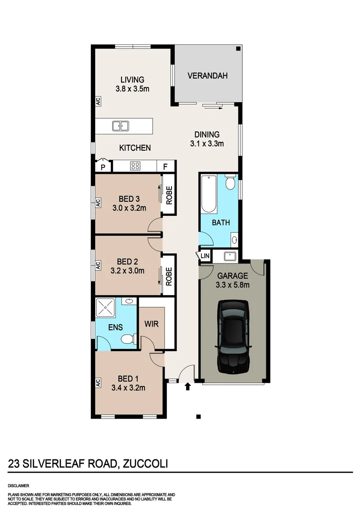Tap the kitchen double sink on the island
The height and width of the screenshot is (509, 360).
pyautogui.click(x=121, y=126)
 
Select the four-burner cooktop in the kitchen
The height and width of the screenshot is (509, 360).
pyautogui.click(x=135, y=166)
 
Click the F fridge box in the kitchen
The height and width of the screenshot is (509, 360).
pyautogui.click(x=165, y=166)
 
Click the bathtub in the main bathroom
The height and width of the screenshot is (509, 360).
pyautogui.click(x=208, y=194)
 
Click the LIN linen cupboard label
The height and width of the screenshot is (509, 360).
pyautogui.click(x=205, y=256)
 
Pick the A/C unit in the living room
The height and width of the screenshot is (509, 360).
pyautogui.click(x=98, y=101)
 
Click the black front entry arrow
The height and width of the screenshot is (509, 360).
pyautogui.click(x=188, y=386)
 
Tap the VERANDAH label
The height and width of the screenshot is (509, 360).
pyautogui.click(x=207, y=75)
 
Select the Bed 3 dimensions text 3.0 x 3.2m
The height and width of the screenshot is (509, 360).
pyautogui.click(x=130, y=207)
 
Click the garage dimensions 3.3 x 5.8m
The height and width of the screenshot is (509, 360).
pyautogui.click(x=233, y=285)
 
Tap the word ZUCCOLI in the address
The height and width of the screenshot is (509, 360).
pyautogui.click(x=145, y=464)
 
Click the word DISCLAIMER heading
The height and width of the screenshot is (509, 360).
pyautogui.click(x=18, y=485)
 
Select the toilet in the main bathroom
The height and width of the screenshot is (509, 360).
pyautogui.click(x=230, y=182)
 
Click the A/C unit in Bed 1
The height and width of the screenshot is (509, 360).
pyautogui.click(x=98, y=383)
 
